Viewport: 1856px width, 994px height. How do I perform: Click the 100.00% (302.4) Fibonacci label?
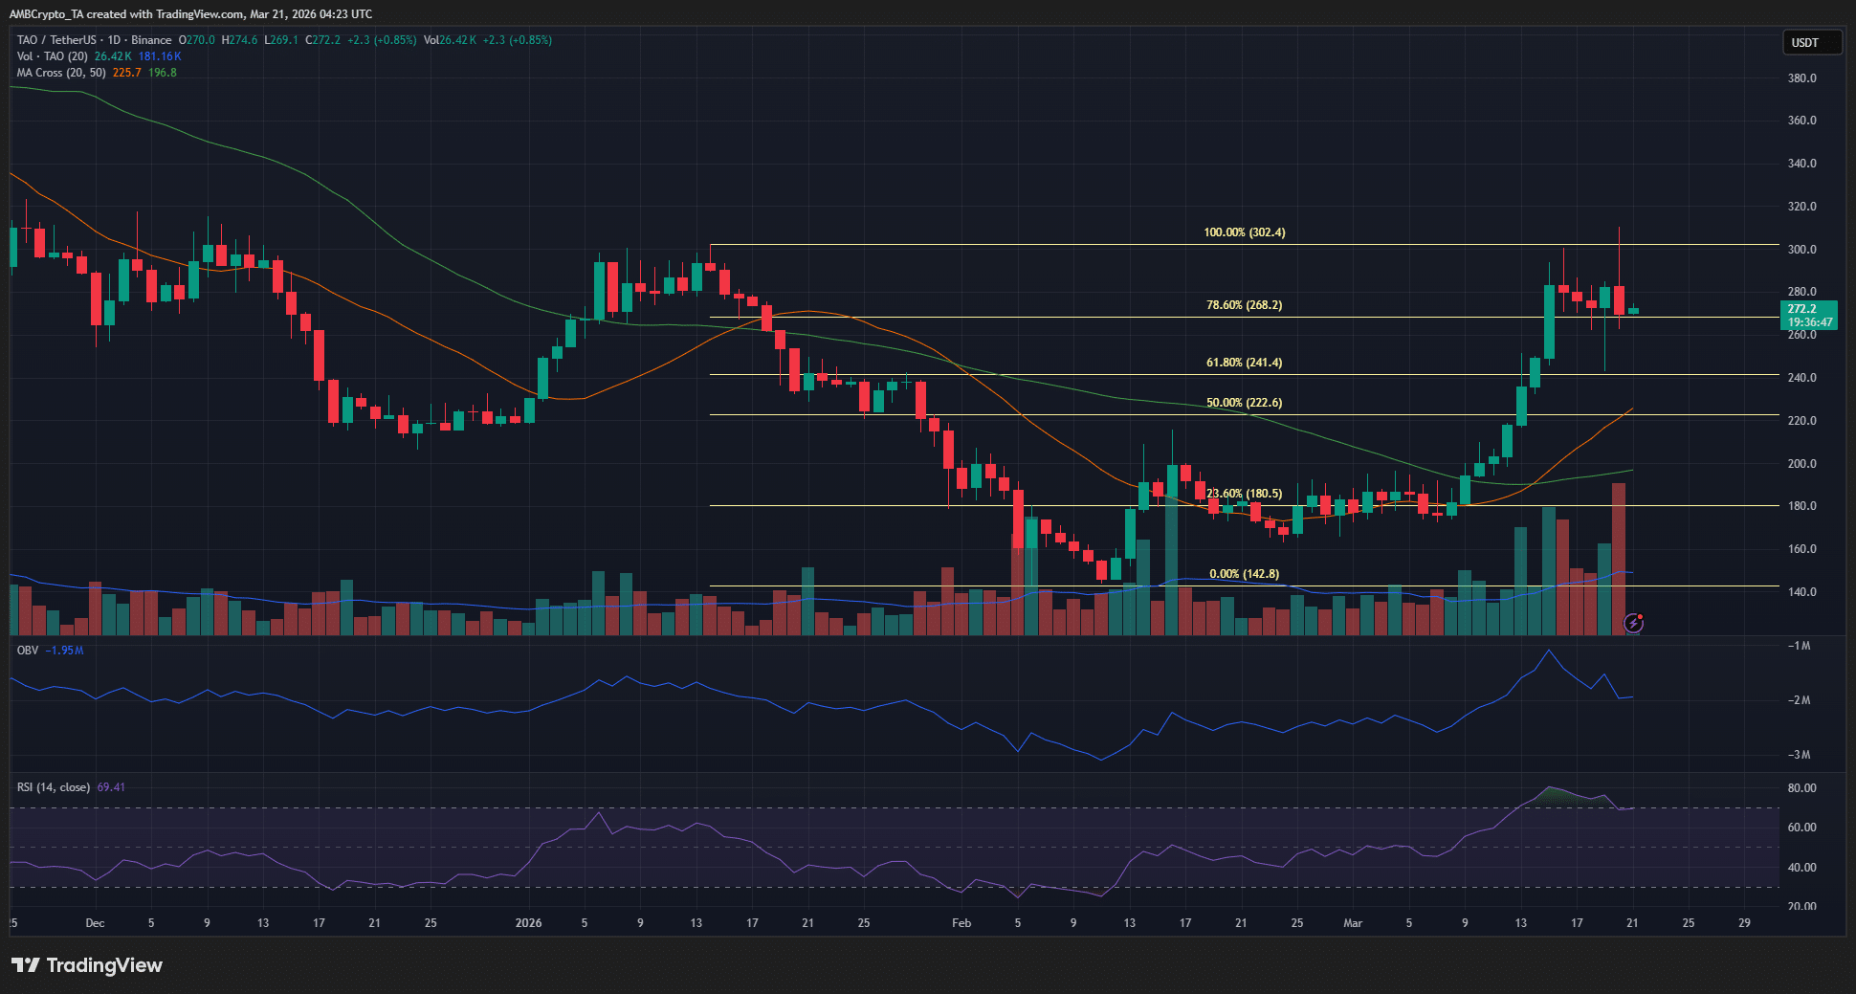pos(1244,232)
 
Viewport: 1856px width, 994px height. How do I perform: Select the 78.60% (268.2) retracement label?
pos(1244,305)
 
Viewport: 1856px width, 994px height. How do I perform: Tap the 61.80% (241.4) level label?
pos(1244,363)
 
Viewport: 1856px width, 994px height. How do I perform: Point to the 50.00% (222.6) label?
pos(1244,403)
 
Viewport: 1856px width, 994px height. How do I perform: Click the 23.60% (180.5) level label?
pos(1244,494)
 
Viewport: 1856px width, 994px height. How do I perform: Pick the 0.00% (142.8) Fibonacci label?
pos(1244,574)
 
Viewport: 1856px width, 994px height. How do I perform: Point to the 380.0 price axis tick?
pos(1801,78)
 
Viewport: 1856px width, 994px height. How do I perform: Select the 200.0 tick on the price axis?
pos(1801,464)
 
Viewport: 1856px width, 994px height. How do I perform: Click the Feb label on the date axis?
pos(961,923)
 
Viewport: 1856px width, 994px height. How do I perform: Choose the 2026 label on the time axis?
pos(528,923)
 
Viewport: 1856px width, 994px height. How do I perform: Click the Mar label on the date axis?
pos(1353,923)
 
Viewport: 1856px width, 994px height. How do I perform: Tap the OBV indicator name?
pos(28,651)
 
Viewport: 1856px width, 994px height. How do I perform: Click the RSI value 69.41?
pos(111,787)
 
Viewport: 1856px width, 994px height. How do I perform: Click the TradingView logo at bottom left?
pos(87,965)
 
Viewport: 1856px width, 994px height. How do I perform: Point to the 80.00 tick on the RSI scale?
pos(1801,788)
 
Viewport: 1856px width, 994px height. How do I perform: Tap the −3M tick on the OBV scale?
pos(1799,755)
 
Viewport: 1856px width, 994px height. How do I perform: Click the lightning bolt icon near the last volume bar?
pos(1634,624)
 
